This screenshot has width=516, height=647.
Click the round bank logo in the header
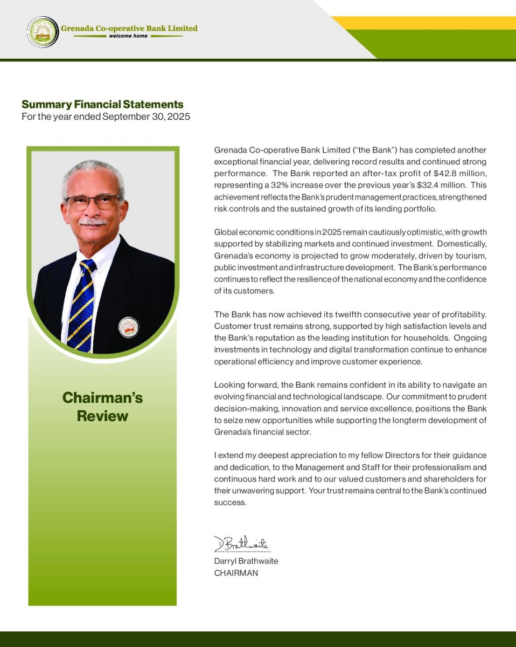pyautogui.click(x=43, y=32)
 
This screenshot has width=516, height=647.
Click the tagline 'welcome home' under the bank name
pyautogui.click(x=128, y=36)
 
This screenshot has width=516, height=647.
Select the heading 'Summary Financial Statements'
pyautogui.click(x=102, y=105)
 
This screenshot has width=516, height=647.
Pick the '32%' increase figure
pyautogui.click(x=298, y=185)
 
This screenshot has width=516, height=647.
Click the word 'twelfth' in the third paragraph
pyautogui.click(x=353, y=314)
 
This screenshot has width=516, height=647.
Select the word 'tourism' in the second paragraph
pyautogui.click(x=471, y=256)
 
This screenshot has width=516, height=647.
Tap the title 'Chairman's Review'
pyautogui.click(x=102, y=407)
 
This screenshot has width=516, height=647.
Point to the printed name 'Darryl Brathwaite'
pyautogui.click(x=246, y=561)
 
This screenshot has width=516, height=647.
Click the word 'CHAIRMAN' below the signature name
pyautogui.click(x=236, y=573)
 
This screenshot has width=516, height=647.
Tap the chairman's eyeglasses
pyautogui.click(x=93, y=202)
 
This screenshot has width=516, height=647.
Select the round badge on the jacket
pyautogui.click(x=128, y=327)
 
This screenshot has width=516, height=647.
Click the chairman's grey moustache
pyautogui.click(x=93, y=221)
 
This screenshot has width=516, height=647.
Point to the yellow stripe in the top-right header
pyautogui.click(x=431, y=23)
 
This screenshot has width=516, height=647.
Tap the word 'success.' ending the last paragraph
pyautogui.click(x=230, y=503)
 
